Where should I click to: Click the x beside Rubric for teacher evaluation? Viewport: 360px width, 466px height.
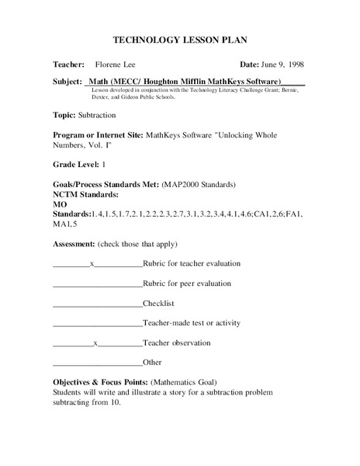pos(92,264)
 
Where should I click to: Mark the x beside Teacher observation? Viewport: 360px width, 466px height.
pos(95,343)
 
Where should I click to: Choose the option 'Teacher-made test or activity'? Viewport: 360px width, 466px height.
pos(192,322)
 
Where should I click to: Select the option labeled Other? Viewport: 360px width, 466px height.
pos(153,363)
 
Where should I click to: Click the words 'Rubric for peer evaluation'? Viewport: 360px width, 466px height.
pos(188,283)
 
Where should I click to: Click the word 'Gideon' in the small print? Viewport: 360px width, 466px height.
pos(117,98)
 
